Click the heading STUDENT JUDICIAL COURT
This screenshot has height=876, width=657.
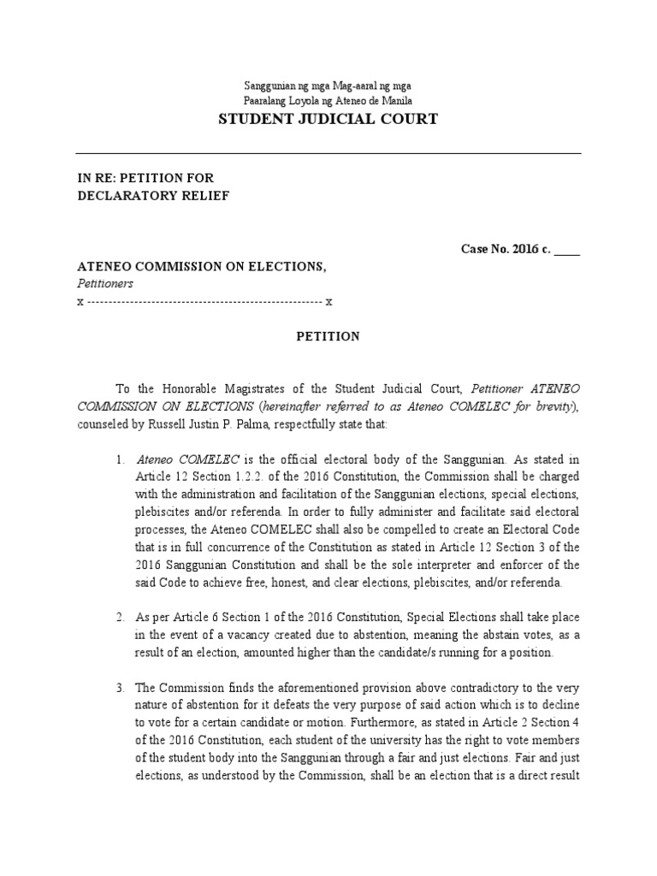(x=328, y=119)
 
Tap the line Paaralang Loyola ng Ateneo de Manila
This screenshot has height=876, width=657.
(x=328, y=100)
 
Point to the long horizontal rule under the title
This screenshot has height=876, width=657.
(x=328, y=154)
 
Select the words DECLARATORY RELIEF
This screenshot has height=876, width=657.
(x=153, y=195)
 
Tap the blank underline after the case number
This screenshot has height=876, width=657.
(x=567, y=251)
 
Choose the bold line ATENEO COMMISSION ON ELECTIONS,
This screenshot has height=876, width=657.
(x=202, y=267)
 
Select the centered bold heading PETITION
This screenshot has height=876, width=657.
(x=328, y=337)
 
